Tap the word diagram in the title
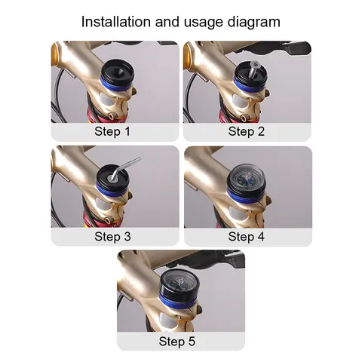[x=254, y=23]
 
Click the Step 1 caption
[x=112, y=131]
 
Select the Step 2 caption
[x=247, y=131]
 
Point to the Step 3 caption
[x=112, y=237]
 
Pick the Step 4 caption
[x=247, y=237]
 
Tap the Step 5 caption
[x=177, y=342]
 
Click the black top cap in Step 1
[x=117, y=71]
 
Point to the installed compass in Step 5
[x=179, y=284]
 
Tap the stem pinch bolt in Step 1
[x=112, y=116]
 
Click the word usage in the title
[x=204, y=23]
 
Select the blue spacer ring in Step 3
[x=111, y=190]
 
